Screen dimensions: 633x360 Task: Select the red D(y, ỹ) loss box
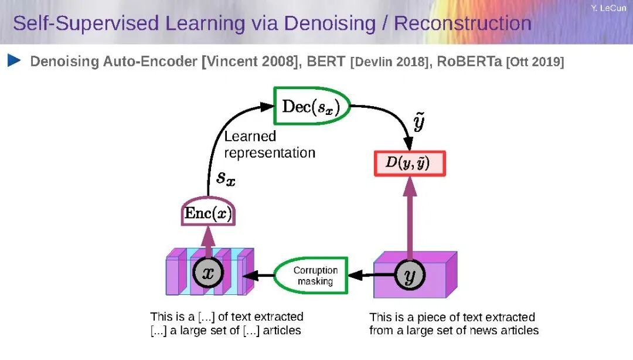pos(410,164)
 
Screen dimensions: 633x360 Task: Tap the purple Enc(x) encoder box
pos(207,213)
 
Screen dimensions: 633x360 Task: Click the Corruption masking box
pos(315,276)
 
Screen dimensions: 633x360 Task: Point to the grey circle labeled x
pos(207,273)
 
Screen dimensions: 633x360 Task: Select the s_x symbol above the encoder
pos(226,178)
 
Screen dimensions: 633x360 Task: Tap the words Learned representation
pos(269,145)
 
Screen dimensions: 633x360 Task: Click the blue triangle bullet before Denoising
pos(15,60)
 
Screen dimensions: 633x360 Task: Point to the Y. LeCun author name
pos(608,8)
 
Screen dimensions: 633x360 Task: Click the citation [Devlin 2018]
pos(389,62)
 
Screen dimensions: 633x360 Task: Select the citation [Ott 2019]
pos(535,62)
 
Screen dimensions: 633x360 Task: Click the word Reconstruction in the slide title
pos(462,23)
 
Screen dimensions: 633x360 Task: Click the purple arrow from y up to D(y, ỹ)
pos(410,217)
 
